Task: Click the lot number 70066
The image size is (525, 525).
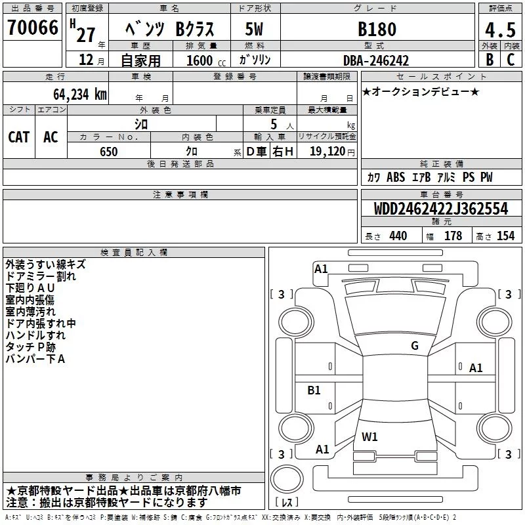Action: click(x=32, y=28)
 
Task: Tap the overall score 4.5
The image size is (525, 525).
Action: click(x=501, y=30)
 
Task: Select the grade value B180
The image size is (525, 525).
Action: click(x=377, y=29)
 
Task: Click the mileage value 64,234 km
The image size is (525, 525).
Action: click(x=80, y=94)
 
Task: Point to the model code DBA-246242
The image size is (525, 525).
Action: click(x=376, y=60)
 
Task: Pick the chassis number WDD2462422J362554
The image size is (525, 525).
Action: click(x=441, y=209)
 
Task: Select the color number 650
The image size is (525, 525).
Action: click(x=109, y=152)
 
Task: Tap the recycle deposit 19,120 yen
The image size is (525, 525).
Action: click(x=332, y=152)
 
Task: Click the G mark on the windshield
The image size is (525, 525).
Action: click(x=415, y=346)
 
